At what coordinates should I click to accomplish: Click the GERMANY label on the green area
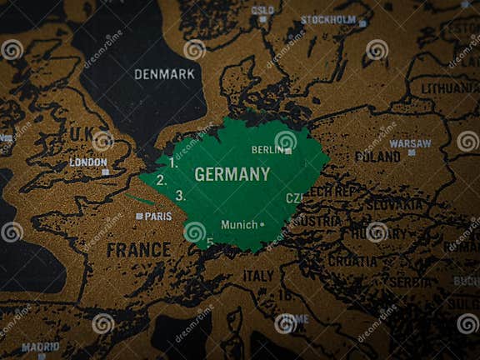coord(232,174)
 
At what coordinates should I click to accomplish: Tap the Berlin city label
coord(267,150)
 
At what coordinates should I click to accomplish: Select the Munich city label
coord(239,224)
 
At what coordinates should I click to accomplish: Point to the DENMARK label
coord(164,74)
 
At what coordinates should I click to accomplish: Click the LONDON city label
coord(88,162)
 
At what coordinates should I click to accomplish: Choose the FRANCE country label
coord(138,249)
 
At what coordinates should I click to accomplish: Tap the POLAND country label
coord(377,156)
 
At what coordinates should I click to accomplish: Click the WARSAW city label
coord(411,142)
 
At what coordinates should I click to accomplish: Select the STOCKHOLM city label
coord(328,19)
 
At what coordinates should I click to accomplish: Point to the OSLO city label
coord(262,10)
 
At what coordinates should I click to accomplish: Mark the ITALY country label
coord(258,276)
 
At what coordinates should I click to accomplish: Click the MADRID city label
coord(40,346)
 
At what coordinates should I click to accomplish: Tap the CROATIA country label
coord(352,260)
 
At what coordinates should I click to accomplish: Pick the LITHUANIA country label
coord(450,87)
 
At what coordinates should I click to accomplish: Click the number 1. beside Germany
coord(172,163)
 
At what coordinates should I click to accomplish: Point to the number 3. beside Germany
coord(180,196)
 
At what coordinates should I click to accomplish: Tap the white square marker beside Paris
coord(139,216)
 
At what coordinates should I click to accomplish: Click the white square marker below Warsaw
coord(411,153)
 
